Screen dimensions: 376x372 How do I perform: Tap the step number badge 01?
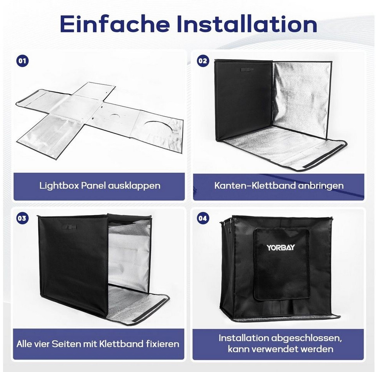click(22, 61)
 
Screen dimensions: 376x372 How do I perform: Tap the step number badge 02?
click(203, 61)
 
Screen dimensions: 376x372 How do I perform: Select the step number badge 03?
click(22, 218)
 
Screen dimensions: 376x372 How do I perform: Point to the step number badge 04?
click(203, 218)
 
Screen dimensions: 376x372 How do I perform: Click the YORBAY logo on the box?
click(280, 247)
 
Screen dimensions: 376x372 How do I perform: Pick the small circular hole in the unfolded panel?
click(116, 116)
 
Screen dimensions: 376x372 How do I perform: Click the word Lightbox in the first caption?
click(59, 186)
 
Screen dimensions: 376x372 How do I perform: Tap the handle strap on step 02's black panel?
click(247, 70)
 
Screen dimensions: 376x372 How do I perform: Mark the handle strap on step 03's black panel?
click(69, 227)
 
